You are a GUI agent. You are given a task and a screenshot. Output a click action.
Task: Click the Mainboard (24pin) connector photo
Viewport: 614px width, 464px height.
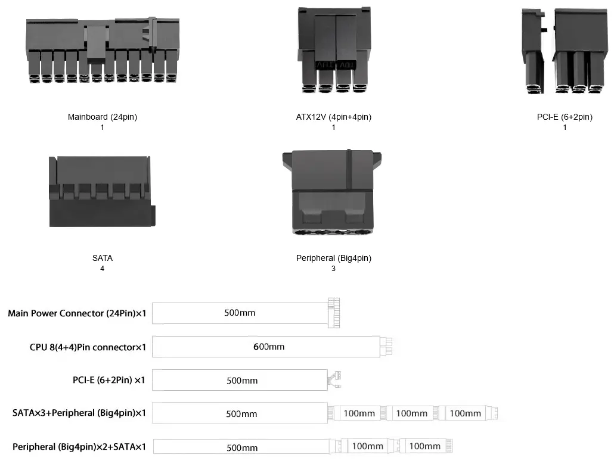[102, 51]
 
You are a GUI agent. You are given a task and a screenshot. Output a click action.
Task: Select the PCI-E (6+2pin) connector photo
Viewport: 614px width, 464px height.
[564, 52]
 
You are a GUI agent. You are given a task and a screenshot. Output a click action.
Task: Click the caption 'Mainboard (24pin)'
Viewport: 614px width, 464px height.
[103, 117]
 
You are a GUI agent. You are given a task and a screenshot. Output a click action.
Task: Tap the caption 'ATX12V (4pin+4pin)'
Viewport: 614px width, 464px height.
[333, 117]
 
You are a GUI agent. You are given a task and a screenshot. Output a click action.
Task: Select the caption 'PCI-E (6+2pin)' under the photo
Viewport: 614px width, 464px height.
[565, 117]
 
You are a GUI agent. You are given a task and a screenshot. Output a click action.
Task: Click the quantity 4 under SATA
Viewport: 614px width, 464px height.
[103, 269]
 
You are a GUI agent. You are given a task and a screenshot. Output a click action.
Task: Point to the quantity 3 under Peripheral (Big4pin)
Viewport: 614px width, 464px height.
[333, 269]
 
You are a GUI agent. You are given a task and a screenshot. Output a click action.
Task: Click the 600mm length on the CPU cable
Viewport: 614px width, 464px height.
[269, 347]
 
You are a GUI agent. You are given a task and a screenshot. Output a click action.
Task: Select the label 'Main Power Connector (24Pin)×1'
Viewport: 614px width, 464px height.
[77, 313]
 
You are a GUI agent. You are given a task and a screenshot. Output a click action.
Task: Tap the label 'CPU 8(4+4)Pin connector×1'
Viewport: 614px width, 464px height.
[88, 347]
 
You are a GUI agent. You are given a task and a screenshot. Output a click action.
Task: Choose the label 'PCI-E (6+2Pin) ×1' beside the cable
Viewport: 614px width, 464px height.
[108, 380]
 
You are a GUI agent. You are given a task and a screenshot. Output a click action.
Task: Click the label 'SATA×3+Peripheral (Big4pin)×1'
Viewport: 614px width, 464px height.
[79, 413]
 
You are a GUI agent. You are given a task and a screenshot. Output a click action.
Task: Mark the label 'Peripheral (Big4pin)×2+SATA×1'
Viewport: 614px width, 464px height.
[79, 446]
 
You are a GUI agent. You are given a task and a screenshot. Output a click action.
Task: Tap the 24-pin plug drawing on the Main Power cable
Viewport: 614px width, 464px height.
[333, 312]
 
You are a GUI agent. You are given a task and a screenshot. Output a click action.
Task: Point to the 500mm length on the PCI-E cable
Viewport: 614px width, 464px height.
[242, 381]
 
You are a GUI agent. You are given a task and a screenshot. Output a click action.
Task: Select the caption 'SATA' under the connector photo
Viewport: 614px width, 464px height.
[103, 259]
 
